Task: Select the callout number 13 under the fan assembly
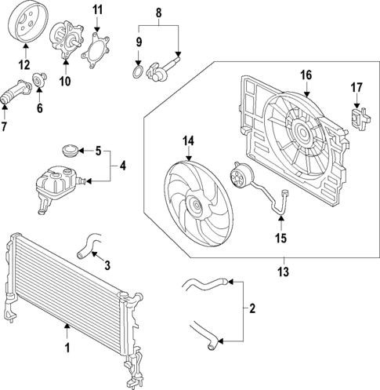pos(284,272)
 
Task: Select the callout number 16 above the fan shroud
pos(305,75)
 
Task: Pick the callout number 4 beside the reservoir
pos(121,166)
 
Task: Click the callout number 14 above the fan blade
pos(188,141)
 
